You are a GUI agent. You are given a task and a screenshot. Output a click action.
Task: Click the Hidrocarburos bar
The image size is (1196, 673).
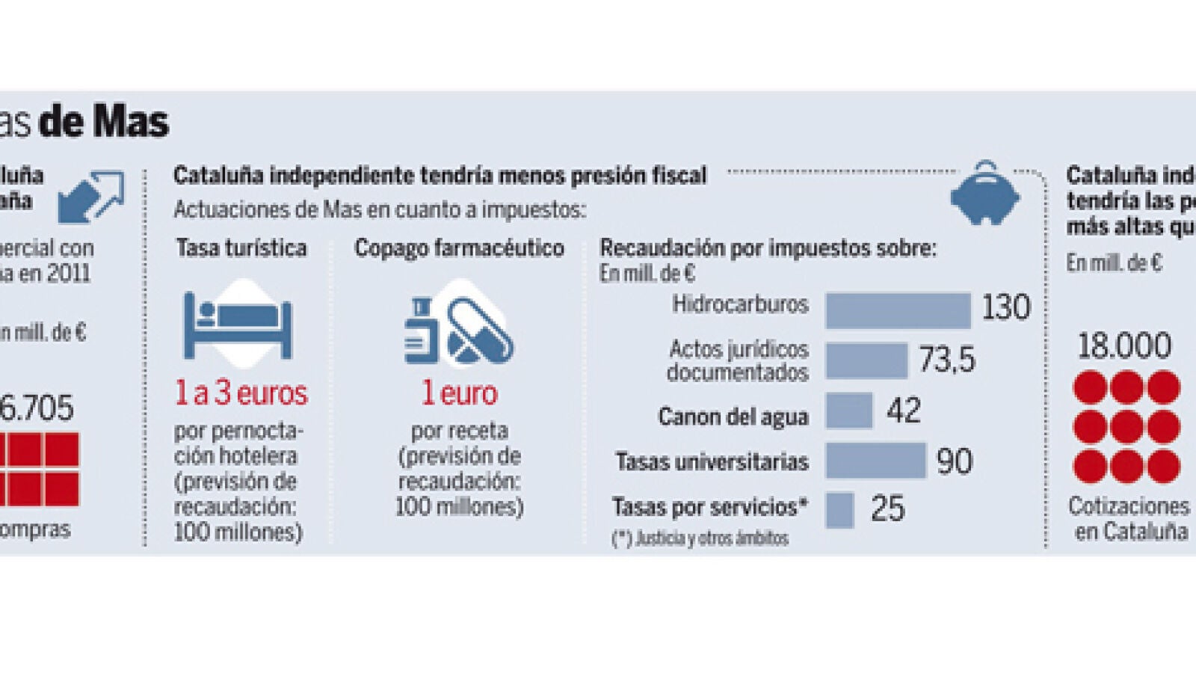[898, 310]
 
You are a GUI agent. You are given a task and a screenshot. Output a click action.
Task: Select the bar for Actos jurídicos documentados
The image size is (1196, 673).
[866, 360]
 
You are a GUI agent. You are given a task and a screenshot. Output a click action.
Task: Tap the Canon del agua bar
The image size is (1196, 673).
[849, 411]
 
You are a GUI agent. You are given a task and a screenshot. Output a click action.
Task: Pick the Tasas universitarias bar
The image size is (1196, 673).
[876, 461]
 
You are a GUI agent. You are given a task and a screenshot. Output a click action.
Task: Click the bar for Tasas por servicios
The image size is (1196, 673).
[839, 509]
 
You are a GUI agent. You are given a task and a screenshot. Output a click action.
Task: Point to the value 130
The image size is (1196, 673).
[1005, 308]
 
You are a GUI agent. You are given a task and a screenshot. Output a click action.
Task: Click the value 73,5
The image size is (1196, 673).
[946, 360]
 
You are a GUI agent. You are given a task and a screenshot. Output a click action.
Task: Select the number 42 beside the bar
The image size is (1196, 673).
[904, 411]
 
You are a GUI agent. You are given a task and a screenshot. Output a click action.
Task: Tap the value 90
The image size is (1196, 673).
[955, 461]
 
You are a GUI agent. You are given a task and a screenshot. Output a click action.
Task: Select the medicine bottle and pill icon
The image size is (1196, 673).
[458, 328]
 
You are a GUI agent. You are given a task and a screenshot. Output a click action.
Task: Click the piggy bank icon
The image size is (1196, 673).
[985, 194]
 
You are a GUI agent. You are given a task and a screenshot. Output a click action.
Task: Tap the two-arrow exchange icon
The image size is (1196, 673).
[91, 197]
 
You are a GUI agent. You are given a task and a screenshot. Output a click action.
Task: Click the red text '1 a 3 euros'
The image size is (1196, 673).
[241, 393]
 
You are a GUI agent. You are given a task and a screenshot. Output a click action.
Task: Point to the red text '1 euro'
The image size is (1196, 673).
[459, 393]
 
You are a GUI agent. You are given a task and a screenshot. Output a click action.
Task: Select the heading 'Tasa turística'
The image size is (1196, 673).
[241, 248]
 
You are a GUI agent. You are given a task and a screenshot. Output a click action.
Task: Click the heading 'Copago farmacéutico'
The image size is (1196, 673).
[459, 248]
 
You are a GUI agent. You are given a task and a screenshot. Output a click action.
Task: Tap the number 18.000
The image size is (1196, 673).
[1124, 346]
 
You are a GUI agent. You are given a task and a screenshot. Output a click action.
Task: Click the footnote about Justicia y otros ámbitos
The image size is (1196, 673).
[700, 538]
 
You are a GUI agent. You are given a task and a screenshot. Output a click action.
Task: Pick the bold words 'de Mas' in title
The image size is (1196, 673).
[104, 122]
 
